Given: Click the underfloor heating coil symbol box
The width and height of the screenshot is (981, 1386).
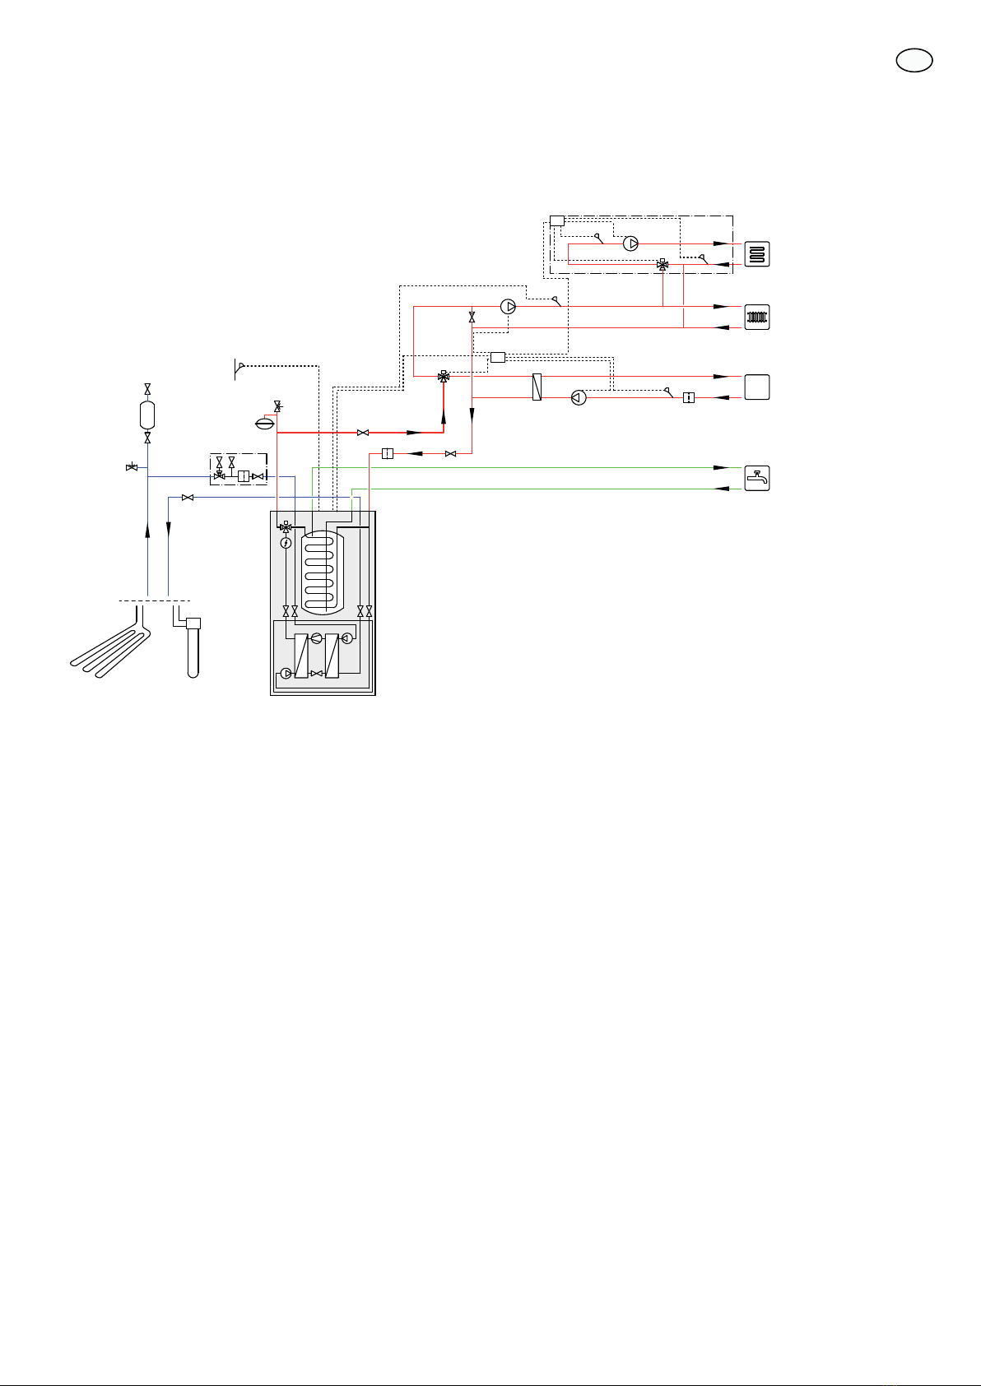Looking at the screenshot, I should pyautogui.click(x=757, y=254).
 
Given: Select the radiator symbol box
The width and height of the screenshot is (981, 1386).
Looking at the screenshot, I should pyautogui.click(x=757, y=317).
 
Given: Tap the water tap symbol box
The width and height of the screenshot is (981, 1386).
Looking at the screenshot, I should pyautogui.click(x=757, y=478).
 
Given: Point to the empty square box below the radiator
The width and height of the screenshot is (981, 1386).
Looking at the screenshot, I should pyautogui.click(x=757, y=387).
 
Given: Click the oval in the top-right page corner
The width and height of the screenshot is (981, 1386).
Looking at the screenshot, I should pyautogui.click(x=914, y=61).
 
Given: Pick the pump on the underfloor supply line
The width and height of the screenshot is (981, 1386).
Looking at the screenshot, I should pyautogui.click(x=631, y=243).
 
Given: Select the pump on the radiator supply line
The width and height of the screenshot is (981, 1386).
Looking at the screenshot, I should pyautogui.click(x=509, y=307).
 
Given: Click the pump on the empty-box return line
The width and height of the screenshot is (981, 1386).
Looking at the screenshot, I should pyautogui.click(x=579, y=398).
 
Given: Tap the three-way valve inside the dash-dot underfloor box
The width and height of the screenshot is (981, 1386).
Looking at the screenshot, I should pyautogui.click(x=663, y=265).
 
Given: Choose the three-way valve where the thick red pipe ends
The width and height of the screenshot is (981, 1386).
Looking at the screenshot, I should pyautogui.click(x=444, y=377).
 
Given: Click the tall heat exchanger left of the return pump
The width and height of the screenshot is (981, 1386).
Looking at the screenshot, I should pyautogui.click(x=537, y=387).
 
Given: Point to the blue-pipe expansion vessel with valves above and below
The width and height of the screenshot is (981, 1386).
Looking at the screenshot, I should pyautogui.click(x=147, y=414).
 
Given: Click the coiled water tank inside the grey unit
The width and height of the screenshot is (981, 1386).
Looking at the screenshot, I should pyautogui.click(x=322, y=571).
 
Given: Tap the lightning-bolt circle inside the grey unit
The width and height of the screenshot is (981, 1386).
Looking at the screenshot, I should pyautogui.click(x=286, y=543).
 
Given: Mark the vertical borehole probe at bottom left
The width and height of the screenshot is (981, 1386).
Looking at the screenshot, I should pyautogui.click(x=193, y=650).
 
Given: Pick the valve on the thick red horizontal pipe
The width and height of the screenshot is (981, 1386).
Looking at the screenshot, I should pyautogui.click(x=363, y=433).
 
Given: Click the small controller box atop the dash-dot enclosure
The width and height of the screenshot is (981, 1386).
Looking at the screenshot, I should pyautogui.click(x=557, y=220).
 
